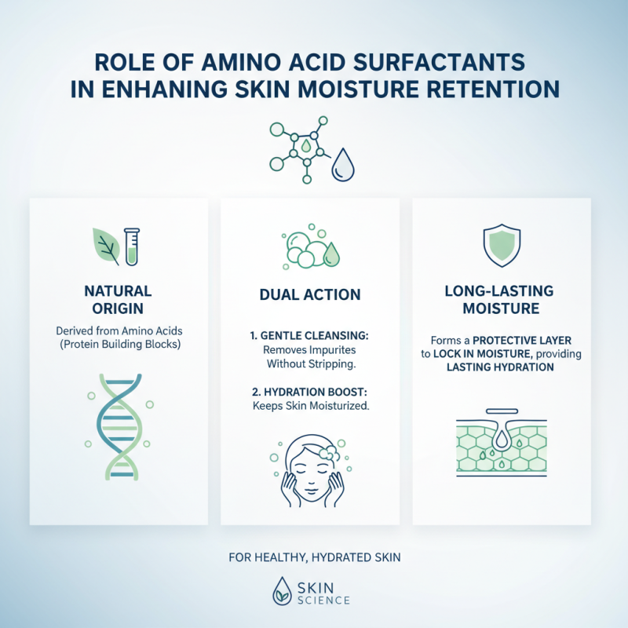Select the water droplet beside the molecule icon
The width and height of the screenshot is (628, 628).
coord(342,166)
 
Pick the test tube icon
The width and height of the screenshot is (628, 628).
coord(132,244)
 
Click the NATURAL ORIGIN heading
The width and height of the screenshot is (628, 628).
coord(118,300)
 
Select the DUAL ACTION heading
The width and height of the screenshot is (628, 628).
coord(310,295)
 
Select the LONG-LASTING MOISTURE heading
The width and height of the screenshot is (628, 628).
coord(502,300)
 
